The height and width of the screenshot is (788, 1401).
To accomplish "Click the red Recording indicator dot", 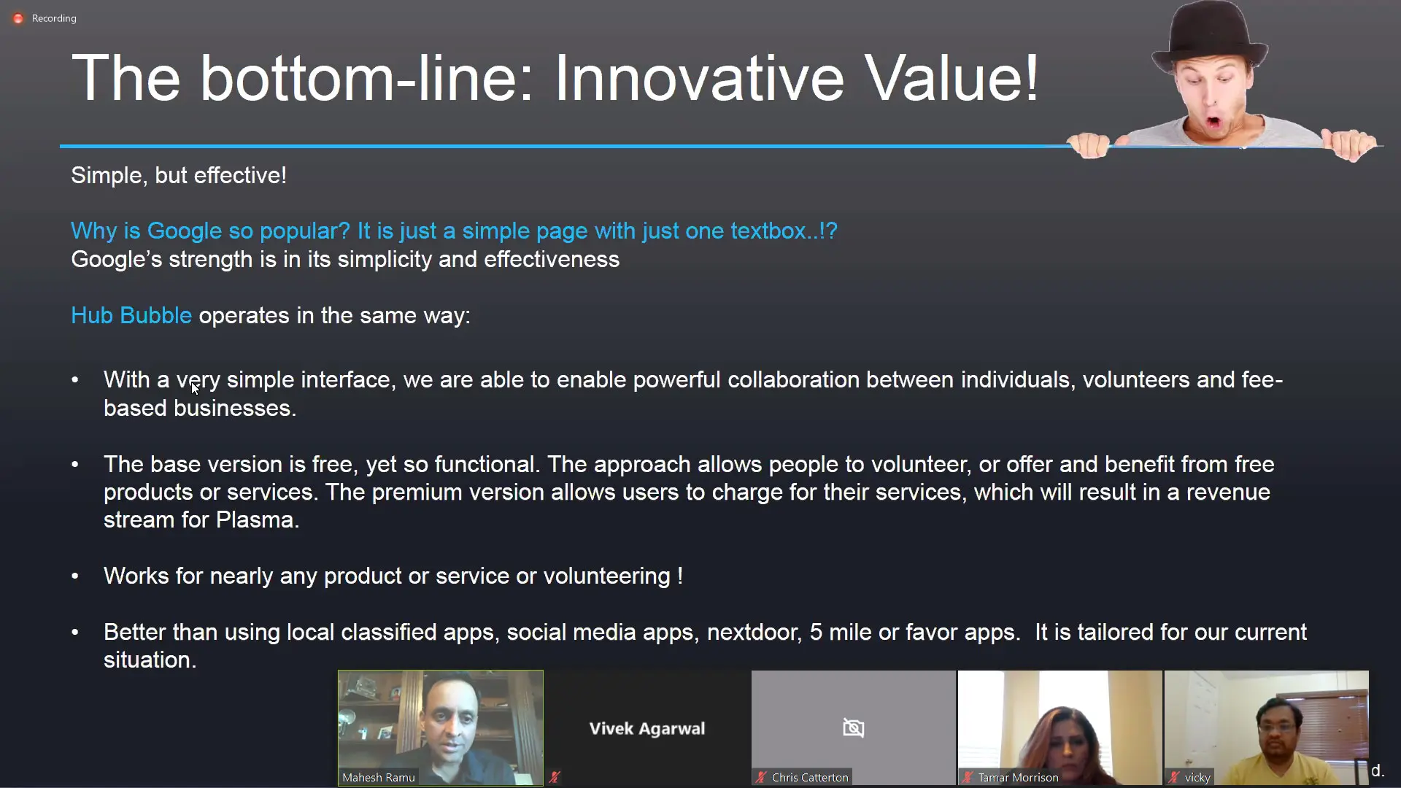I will point(18,18).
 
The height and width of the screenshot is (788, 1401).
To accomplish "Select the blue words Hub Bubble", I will point(131,315).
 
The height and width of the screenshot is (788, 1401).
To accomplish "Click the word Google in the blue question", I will point(184,231).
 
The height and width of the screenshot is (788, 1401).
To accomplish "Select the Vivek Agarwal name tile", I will point(647,728).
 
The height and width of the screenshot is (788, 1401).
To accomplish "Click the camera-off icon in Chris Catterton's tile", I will point(853,727).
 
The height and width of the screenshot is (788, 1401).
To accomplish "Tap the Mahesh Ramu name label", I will point(379,778).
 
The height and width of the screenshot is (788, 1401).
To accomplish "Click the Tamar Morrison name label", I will point(1018,778).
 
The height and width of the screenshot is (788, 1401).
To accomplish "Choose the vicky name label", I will point(1197,778).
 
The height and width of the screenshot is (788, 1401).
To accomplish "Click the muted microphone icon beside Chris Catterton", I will point(761,778).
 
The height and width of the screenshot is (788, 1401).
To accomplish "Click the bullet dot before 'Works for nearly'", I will point(75,576).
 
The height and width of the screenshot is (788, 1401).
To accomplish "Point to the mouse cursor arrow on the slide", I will point(195,388).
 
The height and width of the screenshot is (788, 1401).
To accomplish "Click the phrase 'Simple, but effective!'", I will point(179,175).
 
